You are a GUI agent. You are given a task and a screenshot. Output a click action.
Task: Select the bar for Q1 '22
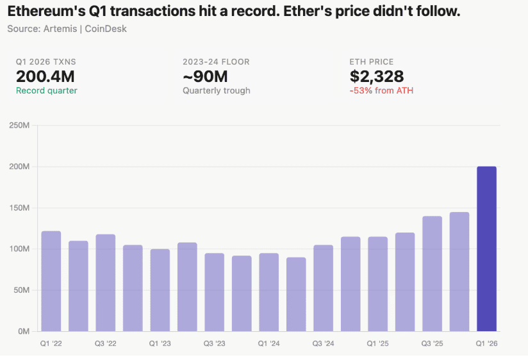pyautogui.click(x=51, y=281)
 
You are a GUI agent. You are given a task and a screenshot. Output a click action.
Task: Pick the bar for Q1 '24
pyautogui.click(x=268, y=292)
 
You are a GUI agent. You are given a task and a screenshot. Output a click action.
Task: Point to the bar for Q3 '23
pyautogui.click(x=214, y=292)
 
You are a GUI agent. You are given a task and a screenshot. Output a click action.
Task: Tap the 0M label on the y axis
pyautogui.click(x=23, y=331)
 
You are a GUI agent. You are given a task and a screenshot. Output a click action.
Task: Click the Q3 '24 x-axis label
pyautogui.click(x=323, y=344)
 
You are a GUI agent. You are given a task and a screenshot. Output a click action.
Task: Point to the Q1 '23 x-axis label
pyautogui.click(x=160, y=344)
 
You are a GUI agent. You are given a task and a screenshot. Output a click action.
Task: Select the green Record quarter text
pyautogui.click(x=46, y=91)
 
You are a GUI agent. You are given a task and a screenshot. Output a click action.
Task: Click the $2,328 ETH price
pyautogui.click(x=377, y=77)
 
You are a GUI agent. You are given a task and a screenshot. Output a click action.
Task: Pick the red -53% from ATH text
pyautogui.click(x=381, y=91)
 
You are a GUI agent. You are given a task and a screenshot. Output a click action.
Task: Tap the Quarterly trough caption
pyautogui.click(x=217, y=91)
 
